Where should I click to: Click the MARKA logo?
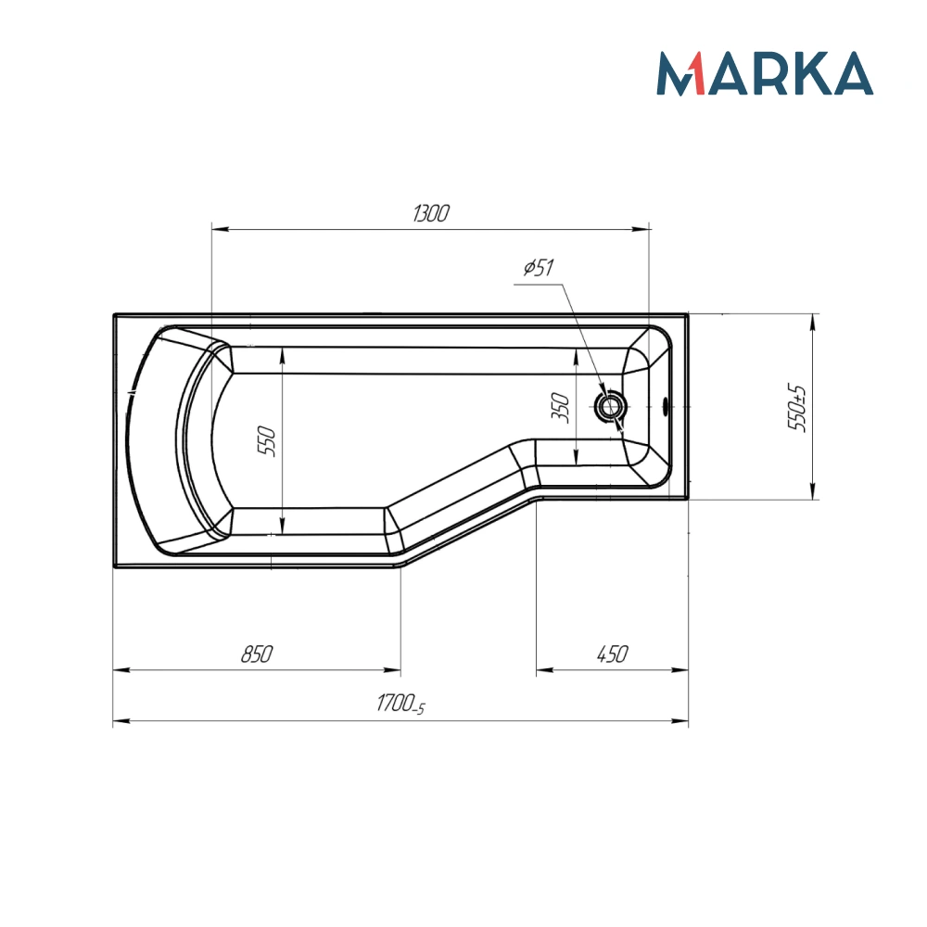coord(765,74)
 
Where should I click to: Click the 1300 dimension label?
coord(431,214)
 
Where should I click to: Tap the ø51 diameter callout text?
coord(538,269)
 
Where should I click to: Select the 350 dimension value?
coord(559,409)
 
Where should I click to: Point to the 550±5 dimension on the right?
coord(795,408)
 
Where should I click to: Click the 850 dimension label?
coord(256,654)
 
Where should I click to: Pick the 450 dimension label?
coord(612,654)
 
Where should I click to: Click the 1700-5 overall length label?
coord(400,705)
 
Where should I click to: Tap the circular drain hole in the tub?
coord(611,405)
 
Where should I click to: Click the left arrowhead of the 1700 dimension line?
coord(119,720)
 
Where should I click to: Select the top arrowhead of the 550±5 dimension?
coord(813,321)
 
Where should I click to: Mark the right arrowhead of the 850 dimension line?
coord(395,669)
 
